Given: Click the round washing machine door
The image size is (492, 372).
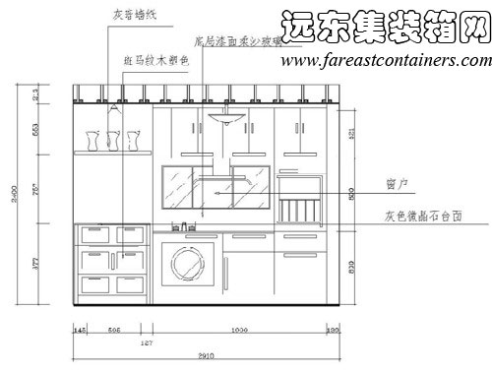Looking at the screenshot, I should tap(187, 264).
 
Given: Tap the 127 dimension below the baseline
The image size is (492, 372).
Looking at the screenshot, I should tap(147, 342).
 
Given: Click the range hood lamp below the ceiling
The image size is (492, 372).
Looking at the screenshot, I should tap(225, 117).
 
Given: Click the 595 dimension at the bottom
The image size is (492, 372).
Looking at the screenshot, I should tap(114, 330).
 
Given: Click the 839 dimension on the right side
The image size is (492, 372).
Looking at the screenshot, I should tap(353, 263).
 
